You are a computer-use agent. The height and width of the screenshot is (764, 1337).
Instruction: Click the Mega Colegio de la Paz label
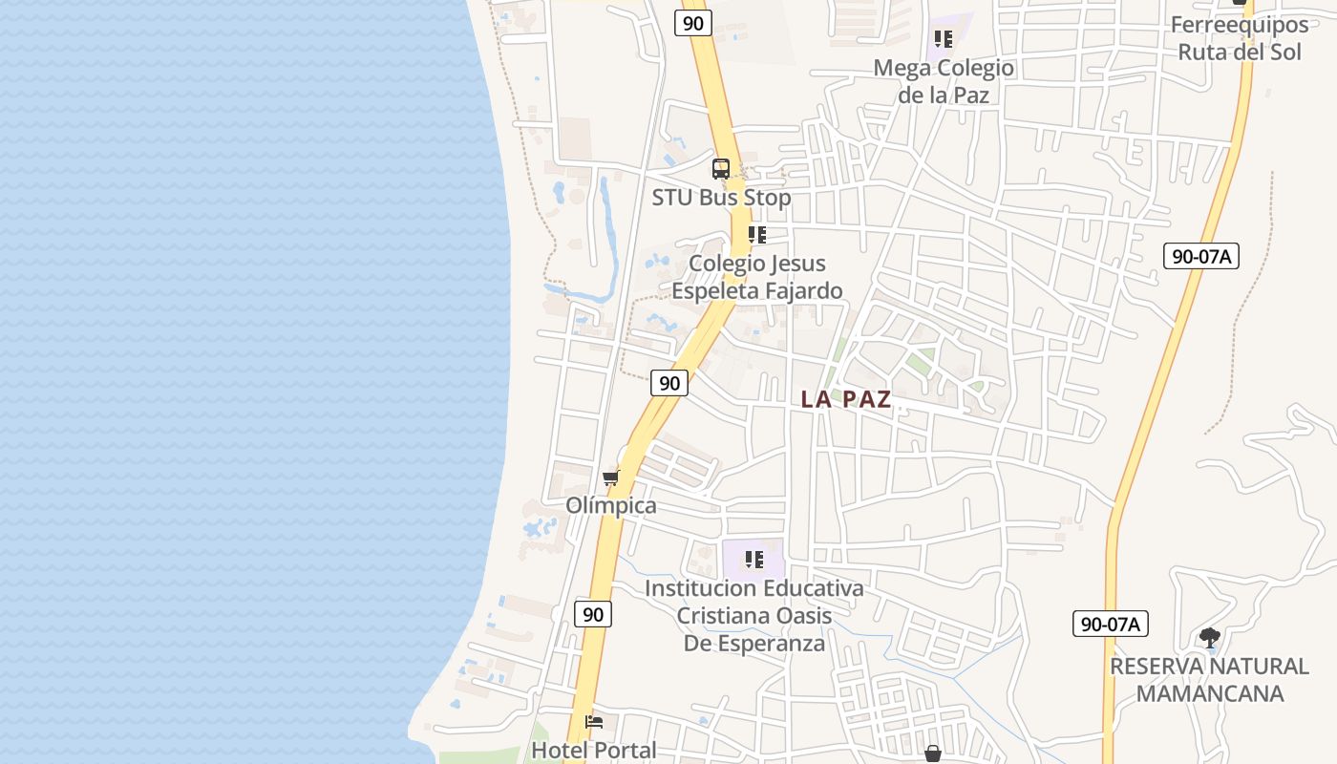pos(944,81)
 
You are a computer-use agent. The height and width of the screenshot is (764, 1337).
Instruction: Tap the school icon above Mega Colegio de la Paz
pos(944,39)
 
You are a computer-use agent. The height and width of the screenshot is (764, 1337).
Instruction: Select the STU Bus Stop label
pos(721,198)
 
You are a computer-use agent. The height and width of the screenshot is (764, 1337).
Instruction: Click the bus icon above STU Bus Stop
pos(721,169)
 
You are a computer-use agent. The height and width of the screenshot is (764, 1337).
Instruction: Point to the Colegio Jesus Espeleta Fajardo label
pos(757,277)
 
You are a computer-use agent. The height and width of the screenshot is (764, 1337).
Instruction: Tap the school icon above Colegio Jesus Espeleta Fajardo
pos(757,235)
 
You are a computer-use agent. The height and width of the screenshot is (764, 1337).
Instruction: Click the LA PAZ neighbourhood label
pos(845,399)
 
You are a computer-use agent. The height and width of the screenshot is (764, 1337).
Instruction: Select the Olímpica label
pos(611,505)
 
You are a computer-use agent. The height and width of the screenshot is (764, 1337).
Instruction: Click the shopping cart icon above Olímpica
pos(611,477)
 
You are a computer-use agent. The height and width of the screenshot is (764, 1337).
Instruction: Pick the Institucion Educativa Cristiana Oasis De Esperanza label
pos(754,615)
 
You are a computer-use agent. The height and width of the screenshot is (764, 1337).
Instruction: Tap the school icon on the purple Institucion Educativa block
pos(754,560)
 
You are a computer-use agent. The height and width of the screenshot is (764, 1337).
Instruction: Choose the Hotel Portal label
pos(593,751)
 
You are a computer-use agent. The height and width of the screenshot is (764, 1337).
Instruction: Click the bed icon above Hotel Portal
pos(594,723)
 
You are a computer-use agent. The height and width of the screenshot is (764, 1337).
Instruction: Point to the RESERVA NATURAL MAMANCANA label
pos(1209,679)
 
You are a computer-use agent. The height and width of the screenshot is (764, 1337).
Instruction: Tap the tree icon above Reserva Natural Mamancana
pos(1210,637)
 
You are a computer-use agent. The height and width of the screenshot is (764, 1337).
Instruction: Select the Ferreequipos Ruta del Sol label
pos(1240,38)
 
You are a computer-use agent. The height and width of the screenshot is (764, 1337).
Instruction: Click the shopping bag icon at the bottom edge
pos(933,753)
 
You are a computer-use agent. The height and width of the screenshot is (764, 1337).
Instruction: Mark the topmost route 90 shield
pos(693,23)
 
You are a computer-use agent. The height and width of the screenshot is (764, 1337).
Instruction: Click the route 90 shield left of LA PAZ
pos(669,383)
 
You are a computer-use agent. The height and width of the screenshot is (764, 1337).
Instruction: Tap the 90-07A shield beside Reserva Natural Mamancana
pos(1110,625)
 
